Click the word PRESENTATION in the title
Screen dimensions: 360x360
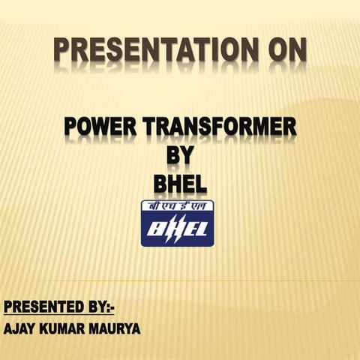tap(150, 50)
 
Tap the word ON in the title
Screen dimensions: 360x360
tap(284, 50)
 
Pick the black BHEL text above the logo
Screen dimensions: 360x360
tap(179, 182)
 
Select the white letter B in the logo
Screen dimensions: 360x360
tap(156, 229)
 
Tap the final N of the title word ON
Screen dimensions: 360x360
tap(296, 50)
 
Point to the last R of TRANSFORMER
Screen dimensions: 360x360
tap(289, 127)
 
